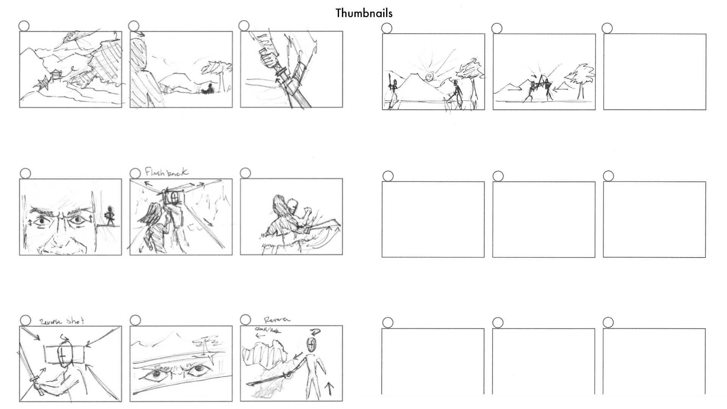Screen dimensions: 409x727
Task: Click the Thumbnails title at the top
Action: [364, 13]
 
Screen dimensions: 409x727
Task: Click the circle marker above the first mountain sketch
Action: [23, 26]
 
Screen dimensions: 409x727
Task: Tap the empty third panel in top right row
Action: [654, 72]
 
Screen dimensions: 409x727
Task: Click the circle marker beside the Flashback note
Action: [135, 173]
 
